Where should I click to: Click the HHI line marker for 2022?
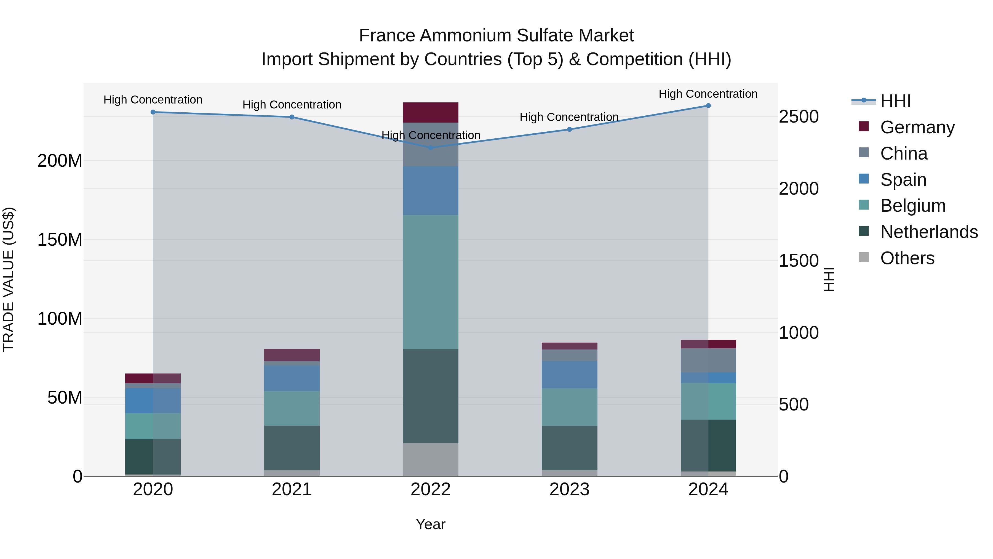click(x=431, y=148)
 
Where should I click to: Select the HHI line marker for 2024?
click(x=708, y=106)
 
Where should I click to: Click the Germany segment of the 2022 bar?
click(x=431, y=113)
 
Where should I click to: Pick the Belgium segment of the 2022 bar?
click(x=431, y=282)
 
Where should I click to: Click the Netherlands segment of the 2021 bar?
click(x=292, y=448)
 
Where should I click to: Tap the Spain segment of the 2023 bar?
click(x=569, y=375)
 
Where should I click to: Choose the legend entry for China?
click(x=904, y=153)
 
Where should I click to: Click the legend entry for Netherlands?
click(x=929, y=232)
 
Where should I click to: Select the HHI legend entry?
click(x=895, y=101)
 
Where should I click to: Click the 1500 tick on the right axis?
click(x=798, y=261)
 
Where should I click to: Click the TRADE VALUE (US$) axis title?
click(x=9, y=279)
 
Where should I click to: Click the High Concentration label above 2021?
click(x=292, y=105)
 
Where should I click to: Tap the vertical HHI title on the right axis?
click(x=829, y=279)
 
